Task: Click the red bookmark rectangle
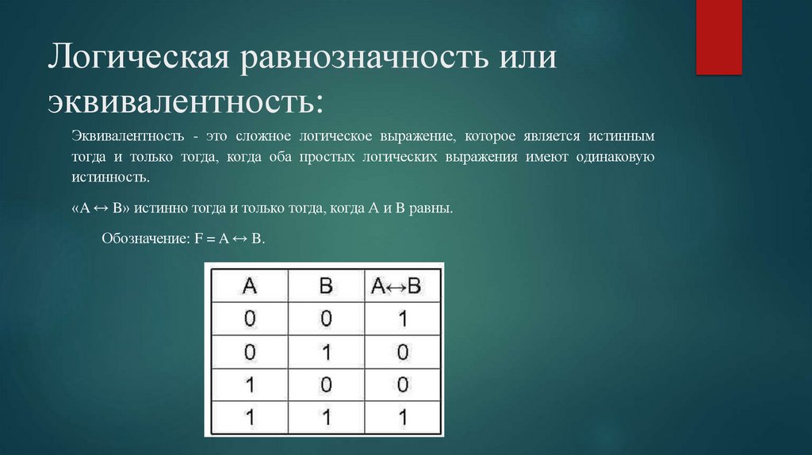pos(718,36)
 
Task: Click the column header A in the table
pos(249,286)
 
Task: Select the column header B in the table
pos(325,286)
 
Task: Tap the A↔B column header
pos(401,286)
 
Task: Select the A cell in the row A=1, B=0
pos(249,384)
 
